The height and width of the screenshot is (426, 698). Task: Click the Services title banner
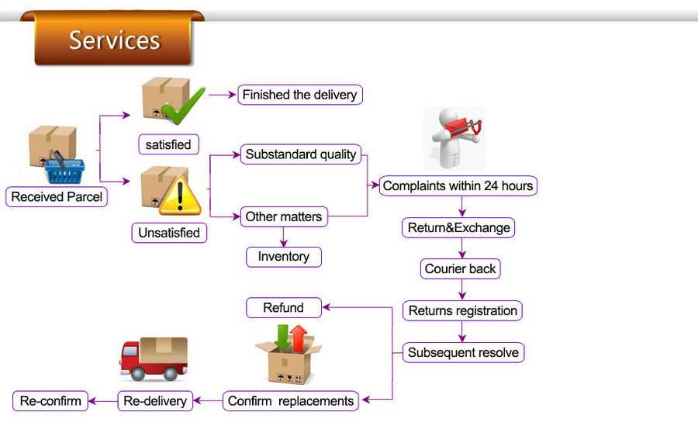[112, 40]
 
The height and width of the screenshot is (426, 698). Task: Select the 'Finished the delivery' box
[300, 95]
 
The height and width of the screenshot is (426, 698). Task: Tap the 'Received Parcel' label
[57, 196]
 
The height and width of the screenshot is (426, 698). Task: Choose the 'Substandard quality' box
[300, 154]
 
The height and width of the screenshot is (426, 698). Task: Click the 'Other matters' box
[284, 216]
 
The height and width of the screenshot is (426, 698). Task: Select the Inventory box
[284, 257]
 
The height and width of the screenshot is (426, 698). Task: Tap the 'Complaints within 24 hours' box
[458, 185]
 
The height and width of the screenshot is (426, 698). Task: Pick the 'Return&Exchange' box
[458, 227]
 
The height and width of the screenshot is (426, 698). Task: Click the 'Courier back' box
[460, 268]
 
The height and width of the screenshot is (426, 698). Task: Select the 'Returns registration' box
[462, 310]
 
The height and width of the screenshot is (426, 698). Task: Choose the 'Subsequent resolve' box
[464, 352]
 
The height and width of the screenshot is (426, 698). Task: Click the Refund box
[284, 307]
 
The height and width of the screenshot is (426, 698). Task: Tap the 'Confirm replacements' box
[291, 400]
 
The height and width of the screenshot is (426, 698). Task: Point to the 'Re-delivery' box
[155, 400]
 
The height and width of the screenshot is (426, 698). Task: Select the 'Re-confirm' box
[50, 400]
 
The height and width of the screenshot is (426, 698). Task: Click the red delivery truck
[154, 358]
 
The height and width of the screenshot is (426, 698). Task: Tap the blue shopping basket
[64, 171]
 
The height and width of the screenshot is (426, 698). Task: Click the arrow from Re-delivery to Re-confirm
[103, 401]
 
